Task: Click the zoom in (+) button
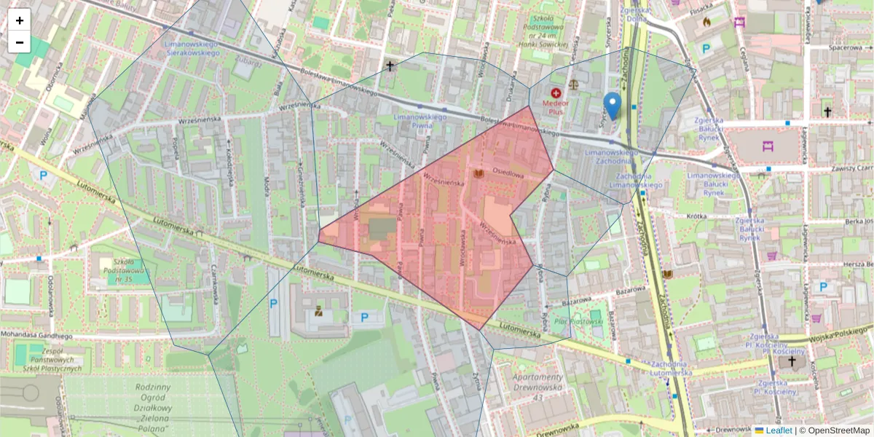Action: [x=20, y=20]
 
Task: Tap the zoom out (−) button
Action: [x=20, y=42]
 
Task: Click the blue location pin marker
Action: [x=613, y=105]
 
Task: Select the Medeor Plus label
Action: [x=556, y=106]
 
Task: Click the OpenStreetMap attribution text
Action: [x=838, y=430]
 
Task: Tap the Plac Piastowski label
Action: [x=579, y=320]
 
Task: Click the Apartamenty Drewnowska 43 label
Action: [x=538, y=386]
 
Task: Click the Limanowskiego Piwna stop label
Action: [x=419, y=121]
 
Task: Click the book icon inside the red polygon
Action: [x=479, y=174]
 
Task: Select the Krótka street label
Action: [x=697, y=216]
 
